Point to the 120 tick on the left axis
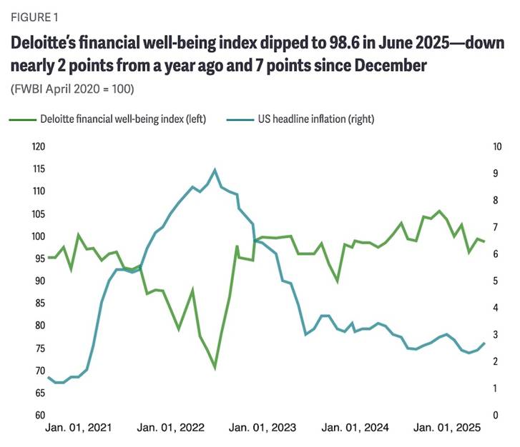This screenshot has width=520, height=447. [x=37, y=147]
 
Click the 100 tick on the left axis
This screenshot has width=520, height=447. [x=37, y=236]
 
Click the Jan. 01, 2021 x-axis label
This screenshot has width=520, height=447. [x=78, y=428]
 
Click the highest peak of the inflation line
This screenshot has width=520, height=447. [x=215, y=169]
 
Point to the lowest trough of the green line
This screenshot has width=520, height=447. [x=215, y=368]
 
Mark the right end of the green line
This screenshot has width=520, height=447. [x=484, y=241]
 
